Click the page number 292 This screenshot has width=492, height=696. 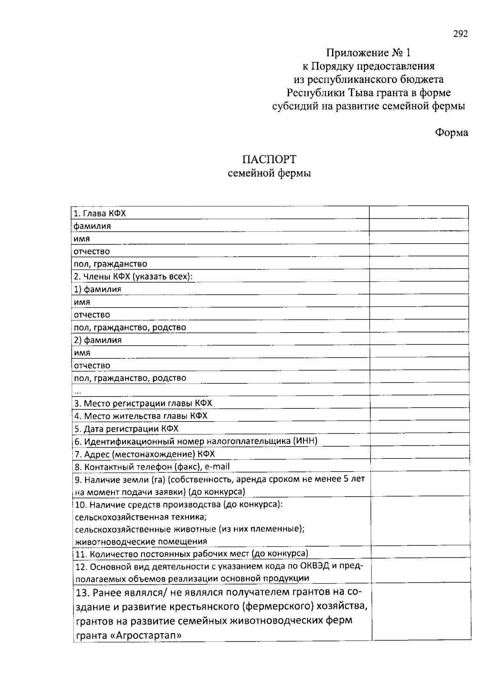tap(460, 34)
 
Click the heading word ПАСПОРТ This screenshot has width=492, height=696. tap(269, 159)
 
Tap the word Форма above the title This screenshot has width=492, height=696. tap(451, 132)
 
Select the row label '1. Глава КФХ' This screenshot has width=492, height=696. tap(100, 213)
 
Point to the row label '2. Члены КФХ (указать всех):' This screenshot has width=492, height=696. tap(133, 276)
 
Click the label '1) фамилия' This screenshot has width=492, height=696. tap(98, 289)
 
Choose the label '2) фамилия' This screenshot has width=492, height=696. tap(98, 340)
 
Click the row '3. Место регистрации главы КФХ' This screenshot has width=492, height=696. tap(143, 403)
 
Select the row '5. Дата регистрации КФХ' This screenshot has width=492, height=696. tap(126, 429)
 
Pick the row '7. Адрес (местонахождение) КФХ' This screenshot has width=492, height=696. tap(144, 454)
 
